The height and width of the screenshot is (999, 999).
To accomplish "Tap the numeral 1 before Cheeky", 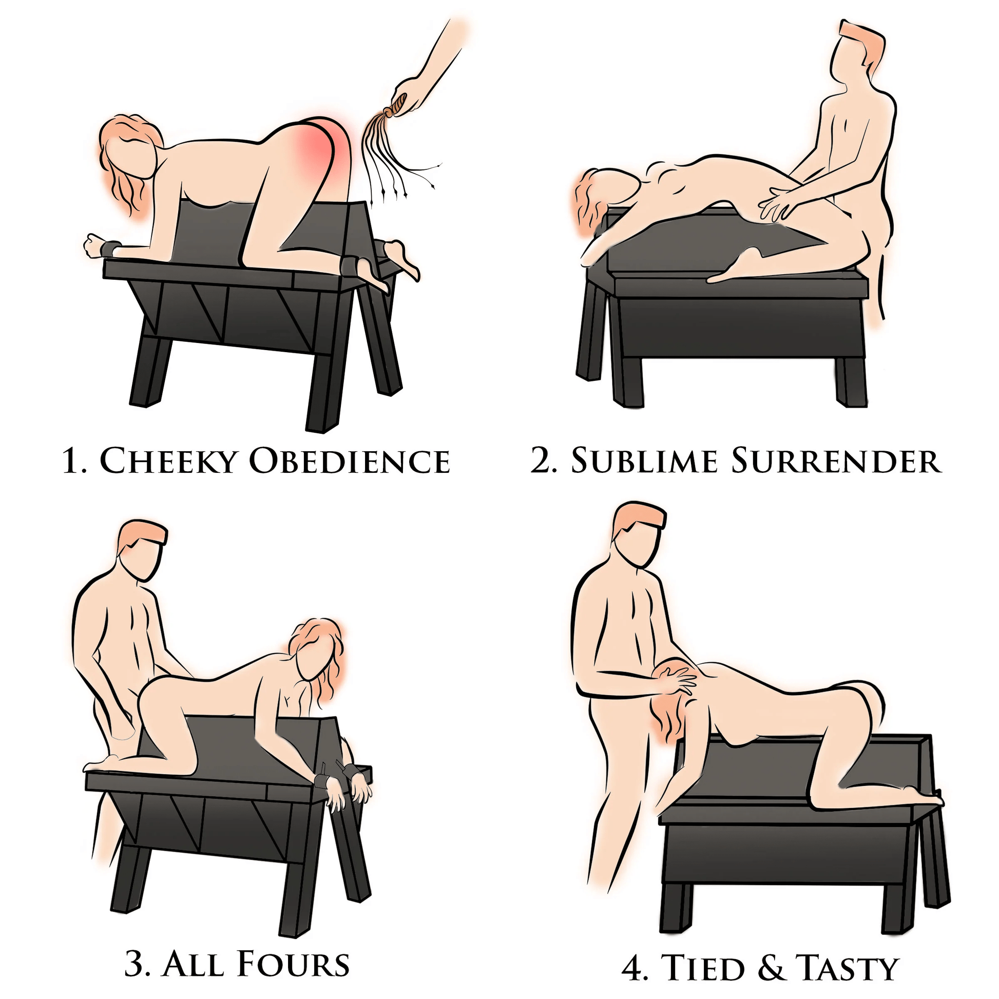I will [70, 461].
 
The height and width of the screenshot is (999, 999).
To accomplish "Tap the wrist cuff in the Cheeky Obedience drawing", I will [111, 248].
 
